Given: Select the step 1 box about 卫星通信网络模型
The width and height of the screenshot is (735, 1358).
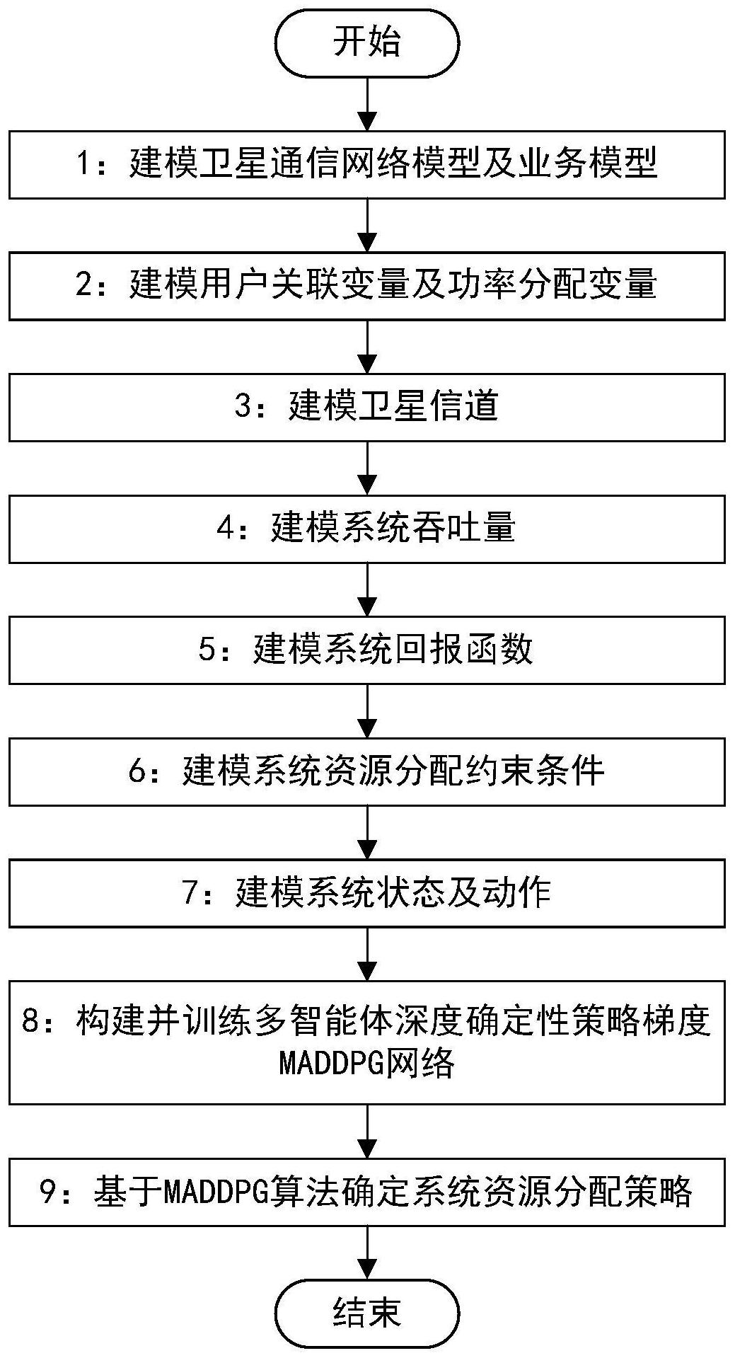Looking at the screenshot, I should [367, 164].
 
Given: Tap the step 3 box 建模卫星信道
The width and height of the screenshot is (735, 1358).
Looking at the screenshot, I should [367, 407].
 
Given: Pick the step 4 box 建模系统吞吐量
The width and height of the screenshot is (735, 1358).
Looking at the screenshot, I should [367, 529].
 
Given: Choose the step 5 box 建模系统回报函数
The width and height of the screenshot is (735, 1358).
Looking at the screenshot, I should [367, 650].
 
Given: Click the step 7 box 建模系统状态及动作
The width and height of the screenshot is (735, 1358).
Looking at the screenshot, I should [367, 892].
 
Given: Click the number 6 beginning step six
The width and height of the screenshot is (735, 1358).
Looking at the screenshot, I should [137, 771].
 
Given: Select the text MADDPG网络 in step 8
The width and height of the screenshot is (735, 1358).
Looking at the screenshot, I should [367, 1062].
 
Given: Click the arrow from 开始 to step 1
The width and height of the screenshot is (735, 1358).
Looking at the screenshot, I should [367, 103].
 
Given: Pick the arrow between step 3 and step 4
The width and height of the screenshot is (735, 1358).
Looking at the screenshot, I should [367, 468].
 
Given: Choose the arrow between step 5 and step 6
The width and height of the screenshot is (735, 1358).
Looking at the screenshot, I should [367, 710].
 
